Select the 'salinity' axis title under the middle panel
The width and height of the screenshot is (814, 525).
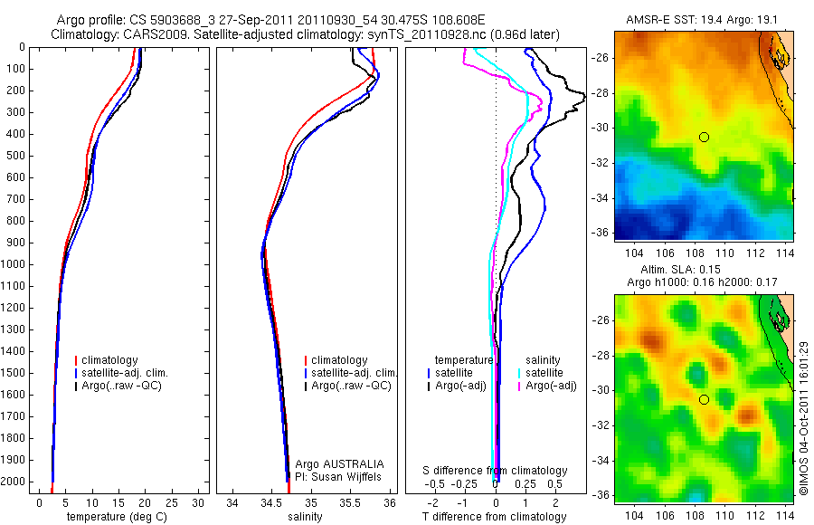304,517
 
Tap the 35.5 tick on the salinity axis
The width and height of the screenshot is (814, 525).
351,502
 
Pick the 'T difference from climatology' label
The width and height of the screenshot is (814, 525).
496,517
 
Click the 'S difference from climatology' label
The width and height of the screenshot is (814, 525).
496,471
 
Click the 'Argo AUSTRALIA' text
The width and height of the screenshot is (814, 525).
340,463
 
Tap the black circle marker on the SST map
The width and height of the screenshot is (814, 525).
704,137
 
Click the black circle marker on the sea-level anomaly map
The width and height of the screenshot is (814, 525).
704,399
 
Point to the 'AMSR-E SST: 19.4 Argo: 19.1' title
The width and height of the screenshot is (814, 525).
703,20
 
